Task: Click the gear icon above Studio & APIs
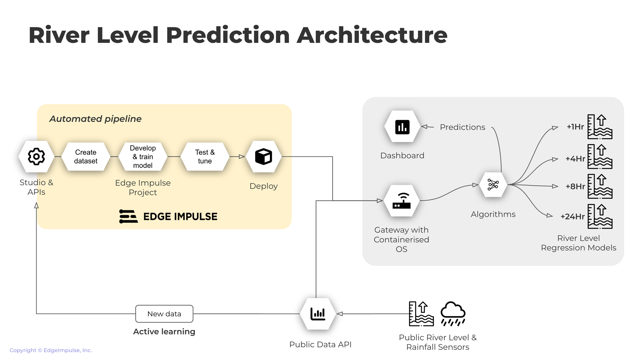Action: [x=36, y=157]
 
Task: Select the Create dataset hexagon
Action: [x=86, y=157]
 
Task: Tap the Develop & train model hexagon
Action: [x=143, y=157]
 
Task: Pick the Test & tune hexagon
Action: [x=205, y=157]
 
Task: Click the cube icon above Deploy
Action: [x=263, y=157]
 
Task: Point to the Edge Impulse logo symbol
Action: [x=128, y=216]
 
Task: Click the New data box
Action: [x=164, y=314]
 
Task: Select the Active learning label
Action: [x=164, y=331]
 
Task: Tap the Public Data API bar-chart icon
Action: [x=318, y=314]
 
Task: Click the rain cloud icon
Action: [x=453, y=314]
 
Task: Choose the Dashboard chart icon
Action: [x=402, y=127]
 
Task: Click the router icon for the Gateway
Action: [x=402, y=201]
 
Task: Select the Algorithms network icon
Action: [x=493, y=185]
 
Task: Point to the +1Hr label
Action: [x=575, y=127]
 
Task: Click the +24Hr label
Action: [x=573, y=217]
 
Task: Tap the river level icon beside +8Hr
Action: [x=600, y=186]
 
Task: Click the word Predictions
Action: [x=462, y=127]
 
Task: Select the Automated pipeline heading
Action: [x=96, y=119]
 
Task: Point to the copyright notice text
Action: [x=51, y=350]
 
